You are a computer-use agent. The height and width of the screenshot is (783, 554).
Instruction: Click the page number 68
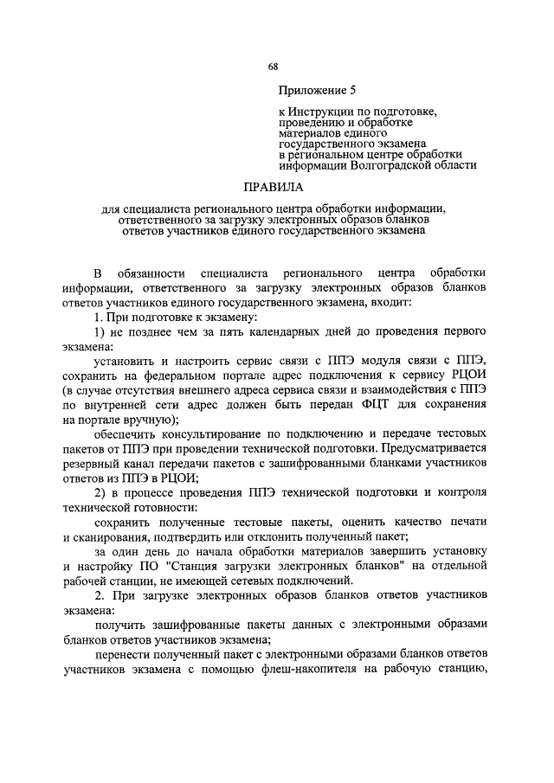click(x=273, y=67)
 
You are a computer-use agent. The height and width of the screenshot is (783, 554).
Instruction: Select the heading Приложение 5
click(x=317, y=90)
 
